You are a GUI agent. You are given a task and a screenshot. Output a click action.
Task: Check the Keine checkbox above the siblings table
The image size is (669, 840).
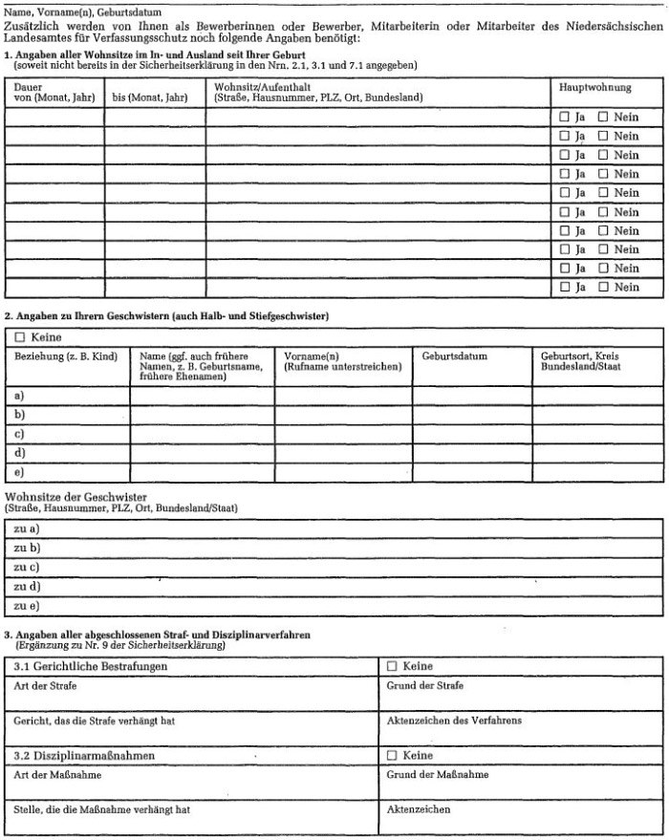coord(20,337)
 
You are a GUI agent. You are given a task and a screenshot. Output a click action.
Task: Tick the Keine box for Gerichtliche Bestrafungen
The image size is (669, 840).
coord(392,666)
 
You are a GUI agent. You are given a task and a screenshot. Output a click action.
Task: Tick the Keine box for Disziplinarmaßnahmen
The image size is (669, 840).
coord(392,756)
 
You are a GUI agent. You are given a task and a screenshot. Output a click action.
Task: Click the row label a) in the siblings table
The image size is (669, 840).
coord(20,395)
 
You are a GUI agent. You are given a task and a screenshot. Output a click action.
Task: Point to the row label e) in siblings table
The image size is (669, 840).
coord(20,471)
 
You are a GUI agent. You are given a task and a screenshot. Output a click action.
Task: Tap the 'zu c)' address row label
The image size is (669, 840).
coord(27,567)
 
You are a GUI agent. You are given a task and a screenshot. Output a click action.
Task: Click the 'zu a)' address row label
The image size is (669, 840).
coord(27,528)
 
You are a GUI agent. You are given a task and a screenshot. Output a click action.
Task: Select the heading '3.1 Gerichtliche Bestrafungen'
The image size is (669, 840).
coord(92,666)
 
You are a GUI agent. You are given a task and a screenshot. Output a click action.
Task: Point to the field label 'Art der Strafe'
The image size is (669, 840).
coord(46,685)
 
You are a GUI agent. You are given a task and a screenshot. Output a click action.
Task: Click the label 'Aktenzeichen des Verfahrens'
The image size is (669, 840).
coord(454,721)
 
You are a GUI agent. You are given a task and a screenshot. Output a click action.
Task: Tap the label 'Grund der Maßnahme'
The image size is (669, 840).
coord(437,775)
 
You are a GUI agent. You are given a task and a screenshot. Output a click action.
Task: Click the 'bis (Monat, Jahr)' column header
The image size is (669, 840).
coord(150,97)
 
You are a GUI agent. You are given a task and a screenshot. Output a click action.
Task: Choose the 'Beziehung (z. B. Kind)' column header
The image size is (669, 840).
coord(66,356)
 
